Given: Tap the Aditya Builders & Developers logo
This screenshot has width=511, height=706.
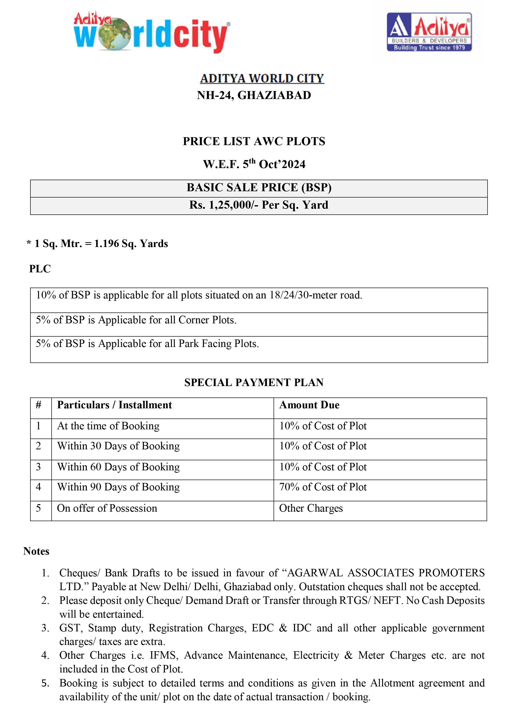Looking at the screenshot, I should pos(429,32).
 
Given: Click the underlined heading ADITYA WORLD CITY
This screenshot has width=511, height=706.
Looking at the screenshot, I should pos(262,78).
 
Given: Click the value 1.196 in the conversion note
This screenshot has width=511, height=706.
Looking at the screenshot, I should pos(107,243).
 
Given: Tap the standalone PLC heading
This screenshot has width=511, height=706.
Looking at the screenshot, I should pos(40,269).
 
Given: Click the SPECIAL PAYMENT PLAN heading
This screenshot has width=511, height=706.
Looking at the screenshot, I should pos(254,382).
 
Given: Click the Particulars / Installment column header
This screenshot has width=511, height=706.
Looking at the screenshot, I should pos(114,405).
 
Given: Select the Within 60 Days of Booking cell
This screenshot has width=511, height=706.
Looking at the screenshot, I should pos(118,467).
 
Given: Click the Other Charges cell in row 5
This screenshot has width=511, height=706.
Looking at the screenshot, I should pos(311,508).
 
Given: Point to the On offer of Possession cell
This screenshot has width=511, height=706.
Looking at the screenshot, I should pos(107,508).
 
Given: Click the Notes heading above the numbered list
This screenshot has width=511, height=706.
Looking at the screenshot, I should pos(36,551).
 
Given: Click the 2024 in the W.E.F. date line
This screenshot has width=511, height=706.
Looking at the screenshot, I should pos(294,164).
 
